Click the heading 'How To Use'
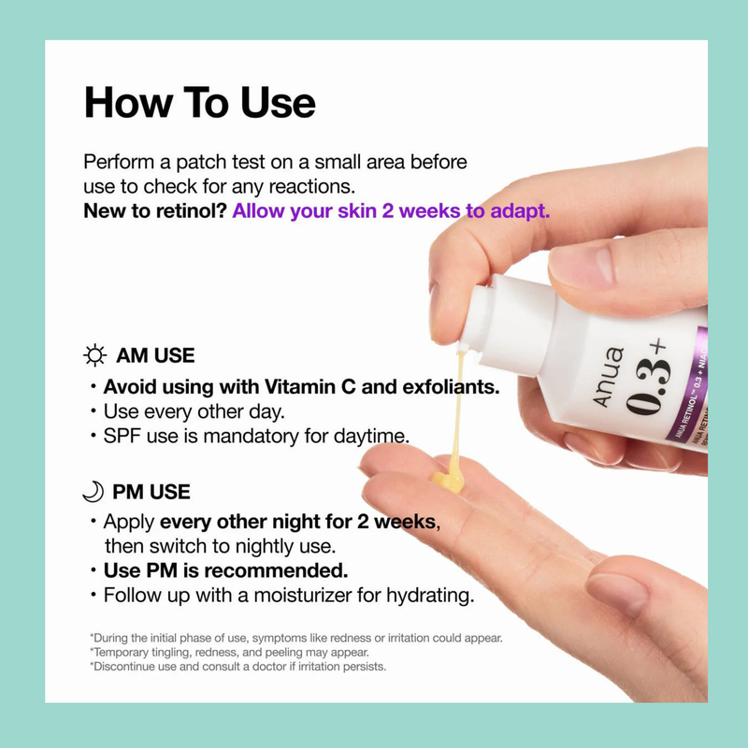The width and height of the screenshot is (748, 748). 199,103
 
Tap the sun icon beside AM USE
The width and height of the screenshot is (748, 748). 94,355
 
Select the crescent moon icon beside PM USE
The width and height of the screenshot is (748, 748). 93,490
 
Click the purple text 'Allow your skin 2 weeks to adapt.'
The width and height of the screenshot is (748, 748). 391,210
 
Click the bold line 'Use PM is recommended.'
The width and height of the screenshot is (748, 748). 225,570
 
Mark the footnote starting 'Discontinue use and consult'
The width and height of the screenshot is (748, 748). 238,667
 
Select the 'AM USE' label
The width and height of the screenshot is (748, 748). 155,355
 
